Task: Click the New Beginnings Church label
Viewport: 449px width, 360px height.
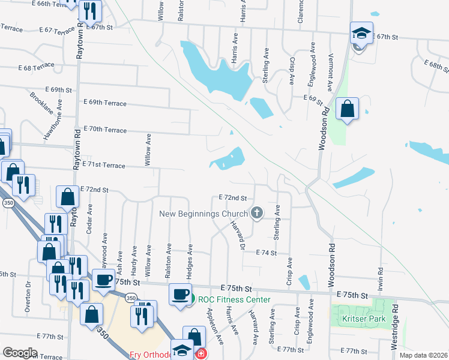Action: click(203, 214)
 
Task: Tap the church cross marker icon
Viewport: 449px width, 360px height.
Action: click(257, 212)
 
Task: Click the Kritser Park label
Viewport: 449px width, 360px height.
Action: click(363, 319)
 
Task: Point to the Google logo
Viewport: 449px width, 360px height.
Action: click(20, 353)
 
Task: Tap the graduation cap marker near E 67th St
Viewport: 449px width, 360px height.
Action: click(361, 34)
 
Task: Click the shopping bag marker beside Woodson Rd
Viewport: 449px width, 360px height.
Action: click(347, 109)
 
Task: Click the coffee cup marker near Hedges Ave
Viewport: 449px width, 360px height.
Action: click(180, 295)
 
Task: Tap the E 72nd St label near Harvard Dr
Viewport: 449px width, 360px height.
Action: click(233, 197)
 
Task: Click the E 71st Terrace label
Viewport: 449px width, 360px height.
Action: click(103, 164)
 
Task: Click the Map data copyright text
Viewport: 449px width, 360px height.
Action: click(423, 355)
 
